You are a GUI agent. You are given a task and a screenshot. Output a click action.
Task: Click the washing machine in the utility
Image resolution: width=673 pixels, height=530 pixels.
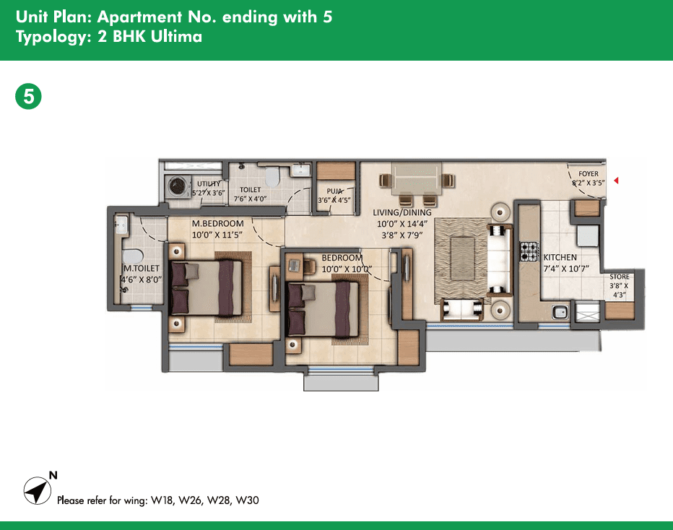point(177,186)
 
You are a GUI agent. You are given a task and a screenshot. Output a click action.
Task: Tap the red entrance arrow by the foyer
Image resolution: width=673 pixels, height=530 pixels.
point(616,181)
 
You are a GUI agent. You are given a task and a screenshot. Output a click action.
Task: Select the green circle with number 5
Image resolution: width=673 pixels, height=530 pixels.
point(28,97)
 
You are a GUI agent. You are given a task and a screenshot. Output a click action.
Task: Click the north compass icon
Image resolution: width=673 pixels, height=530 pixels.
point(37,490)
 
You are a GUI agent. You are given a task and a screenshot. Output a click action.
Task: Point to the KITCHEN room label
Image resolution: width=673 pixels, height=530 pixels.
point(560,257)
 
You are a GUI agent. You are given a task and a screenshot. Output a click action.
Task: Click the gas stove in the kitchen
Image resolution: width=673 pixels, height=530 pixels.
point(529,251)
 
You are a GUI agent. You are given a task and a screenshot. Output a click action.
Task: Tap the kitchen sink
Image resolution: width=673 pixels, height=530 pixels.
point(560,312)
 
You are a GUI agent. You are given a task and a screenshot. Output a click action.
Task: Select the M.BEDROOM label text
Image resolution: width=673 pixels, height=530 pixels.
point(217,223)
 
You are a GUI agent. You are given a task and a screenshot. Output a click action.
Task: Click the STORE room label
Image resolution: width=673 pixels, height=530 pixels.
point(620,277)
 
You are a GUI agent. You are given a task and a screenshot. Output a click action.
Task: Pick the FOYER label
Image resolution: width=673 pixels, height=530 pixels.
point(588,174)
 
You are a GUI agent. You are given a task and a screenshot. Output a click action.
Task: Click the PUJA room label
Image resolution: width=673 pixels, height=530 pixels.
point(334,191)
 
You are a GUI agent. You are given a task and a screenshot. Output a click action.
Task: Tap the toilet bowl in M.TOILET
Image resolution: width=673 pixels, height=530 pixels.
point(132,256)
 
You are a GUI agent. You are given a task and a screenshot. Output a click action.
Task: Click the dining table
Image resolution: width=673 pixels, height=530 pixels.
point(416,179)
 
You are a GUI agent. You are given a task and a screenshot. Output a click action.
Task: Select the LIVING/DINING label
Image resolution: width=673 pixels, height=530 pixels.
point(402,212)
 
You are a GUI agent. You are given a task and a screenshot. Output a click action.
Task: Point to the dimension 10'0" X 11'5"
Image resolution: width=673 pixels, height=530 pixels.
point(217,235)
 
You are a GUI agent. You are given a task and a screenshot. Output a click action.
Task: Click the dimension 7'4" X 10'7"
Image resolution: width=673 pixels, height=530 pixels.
point(566,269)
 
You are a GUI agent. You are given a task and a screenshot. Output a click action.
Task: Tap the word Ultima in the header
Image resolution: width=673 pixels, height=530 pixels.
point(176,37)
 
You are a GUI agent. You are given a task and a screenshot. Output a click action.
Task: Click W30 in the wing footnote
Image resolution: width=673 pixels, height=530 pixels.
point(247,500)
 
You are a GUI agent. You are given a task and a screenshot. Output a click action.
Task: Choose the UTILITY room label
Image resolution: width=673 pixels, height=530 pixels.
point(209,183)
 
